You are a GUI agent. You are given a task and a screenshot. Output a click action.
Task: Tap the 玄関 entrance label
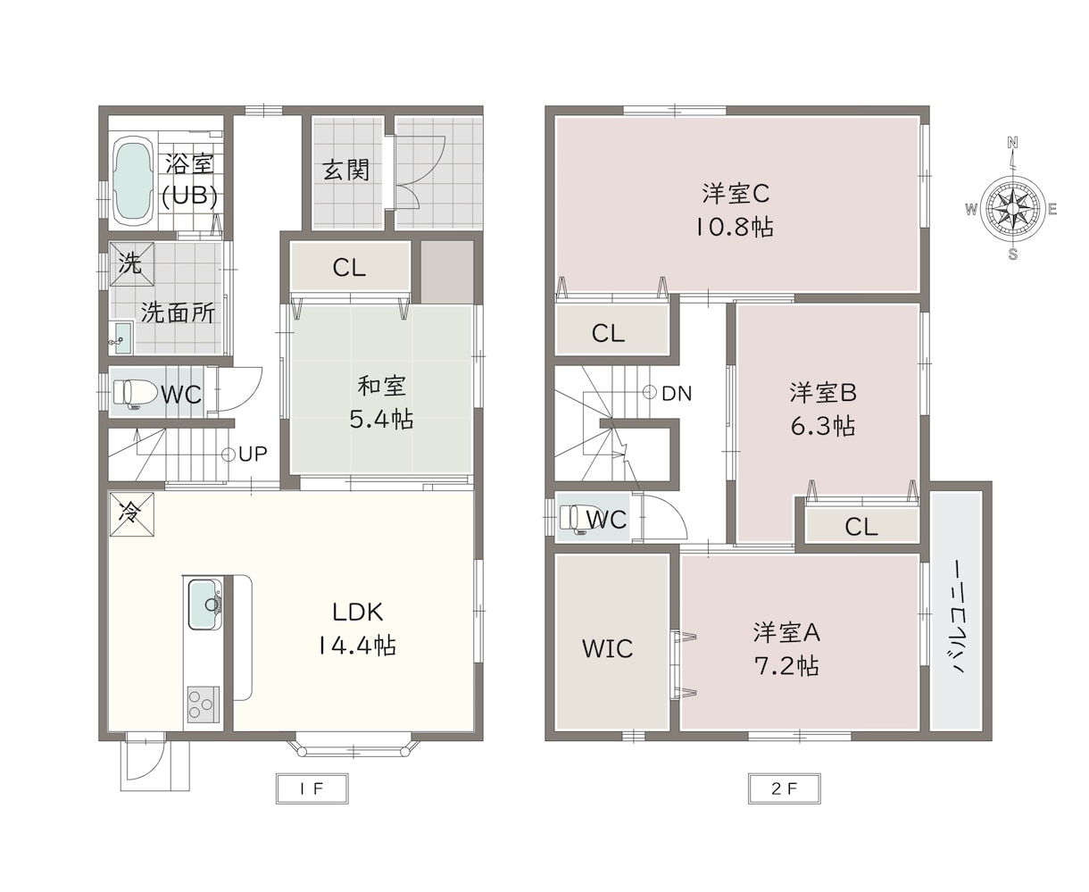346,170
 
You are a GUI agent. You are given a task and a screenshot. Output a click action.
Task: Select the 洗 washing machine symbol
132,263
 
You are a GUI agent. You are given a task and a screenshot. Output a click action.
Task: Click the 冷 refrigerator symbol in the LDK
132,514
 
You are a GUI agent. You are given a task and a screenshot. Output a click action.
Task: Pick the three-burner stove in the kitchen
203,704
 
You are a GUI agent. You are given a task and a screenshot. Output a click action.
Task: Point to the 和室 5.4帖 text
381,403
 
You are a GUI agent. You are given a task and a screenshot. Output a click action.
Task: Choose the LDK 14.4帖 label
357,629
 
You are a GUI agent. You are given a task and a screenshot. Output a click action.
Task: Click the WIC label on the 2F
607,649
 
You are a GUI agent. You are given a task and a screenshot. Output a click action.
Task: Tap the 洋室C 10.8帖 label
735,210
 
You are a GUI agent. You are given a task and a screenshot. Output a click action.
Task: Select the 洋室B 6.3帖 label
823,409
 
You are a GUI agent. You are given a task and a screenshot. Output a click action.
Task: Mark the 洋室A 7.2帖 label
786,649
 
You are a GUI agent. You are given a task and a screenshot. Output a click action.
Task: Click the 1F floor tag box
312,788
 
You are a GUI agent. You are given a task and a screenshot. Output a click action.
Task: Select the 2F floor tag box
785,788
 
